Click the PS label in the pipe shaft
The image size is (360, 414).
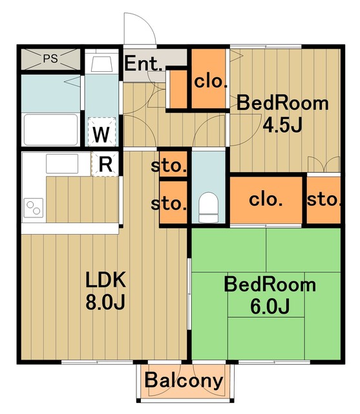point(50,58)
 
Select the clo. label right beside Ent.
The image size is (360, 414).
point(211,82)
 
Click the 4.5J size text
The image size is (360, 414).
point(282,124)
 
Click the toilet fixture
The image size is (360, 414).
point(208,207)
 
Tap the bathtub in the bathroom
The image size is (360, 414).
point(51,129)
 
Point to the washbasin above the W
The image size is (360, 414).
point(100,63)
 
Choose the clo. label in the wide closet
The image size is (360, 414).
point(266,199)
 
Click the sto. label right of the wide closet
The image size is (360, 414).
point(323,199)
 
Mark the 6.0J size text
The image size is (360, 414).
point(270,306)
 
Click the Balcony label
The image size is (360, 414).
point(184,380)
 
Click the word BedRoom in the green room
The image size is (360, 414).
point(270,285)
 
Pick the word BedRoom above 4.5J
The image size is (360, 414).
point(282,102)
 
